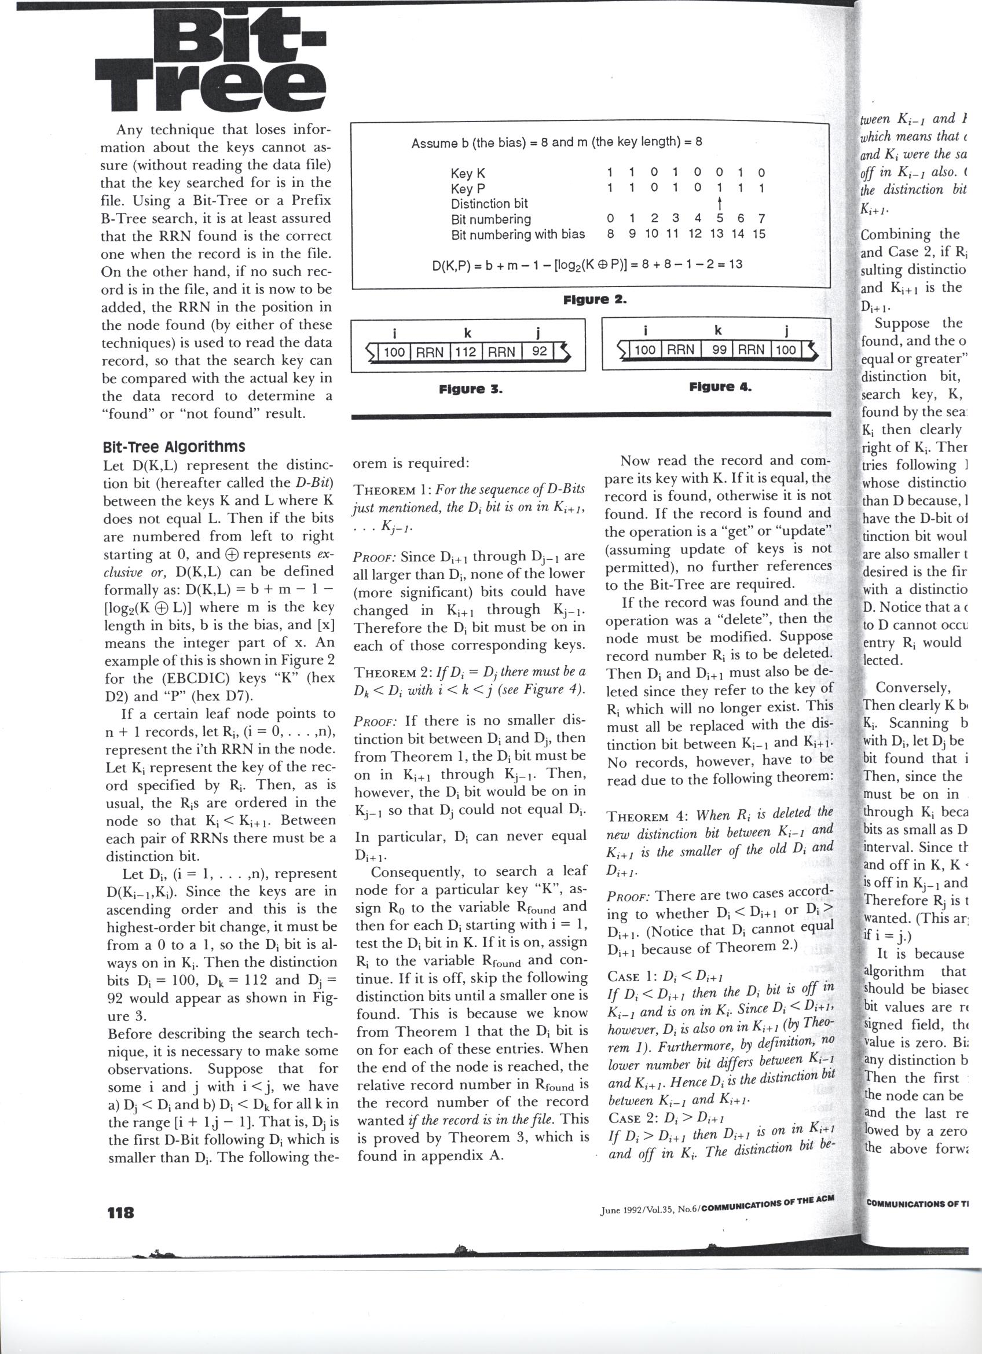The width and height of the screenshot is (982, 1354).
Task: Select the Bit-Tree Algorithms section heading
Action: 173,447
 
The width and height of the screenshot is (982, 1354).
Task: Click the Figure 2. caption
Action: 595,299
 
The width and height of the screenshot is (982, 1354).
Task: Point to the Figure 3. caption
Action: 470,389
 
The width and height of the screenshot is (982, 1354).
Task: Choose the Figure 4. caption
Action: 720,387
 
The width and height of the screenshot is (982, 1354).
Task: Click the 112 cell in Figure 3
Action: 465,351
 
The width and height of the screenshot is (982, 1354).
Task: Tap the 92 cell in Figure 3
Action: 539,351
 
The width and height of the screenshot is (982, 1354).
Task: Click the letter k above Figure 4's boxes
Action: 718,331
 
